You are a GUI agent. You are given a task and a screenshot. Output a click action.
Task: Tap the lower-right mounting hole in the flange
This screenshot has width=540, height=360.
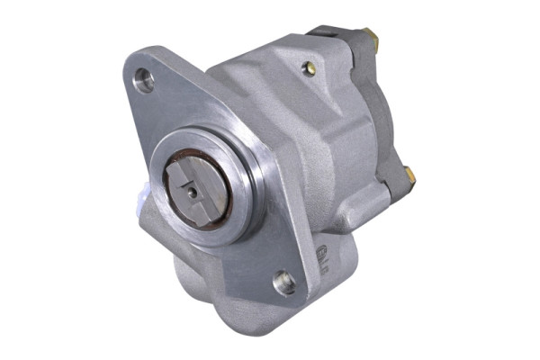tap(285, 282)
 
